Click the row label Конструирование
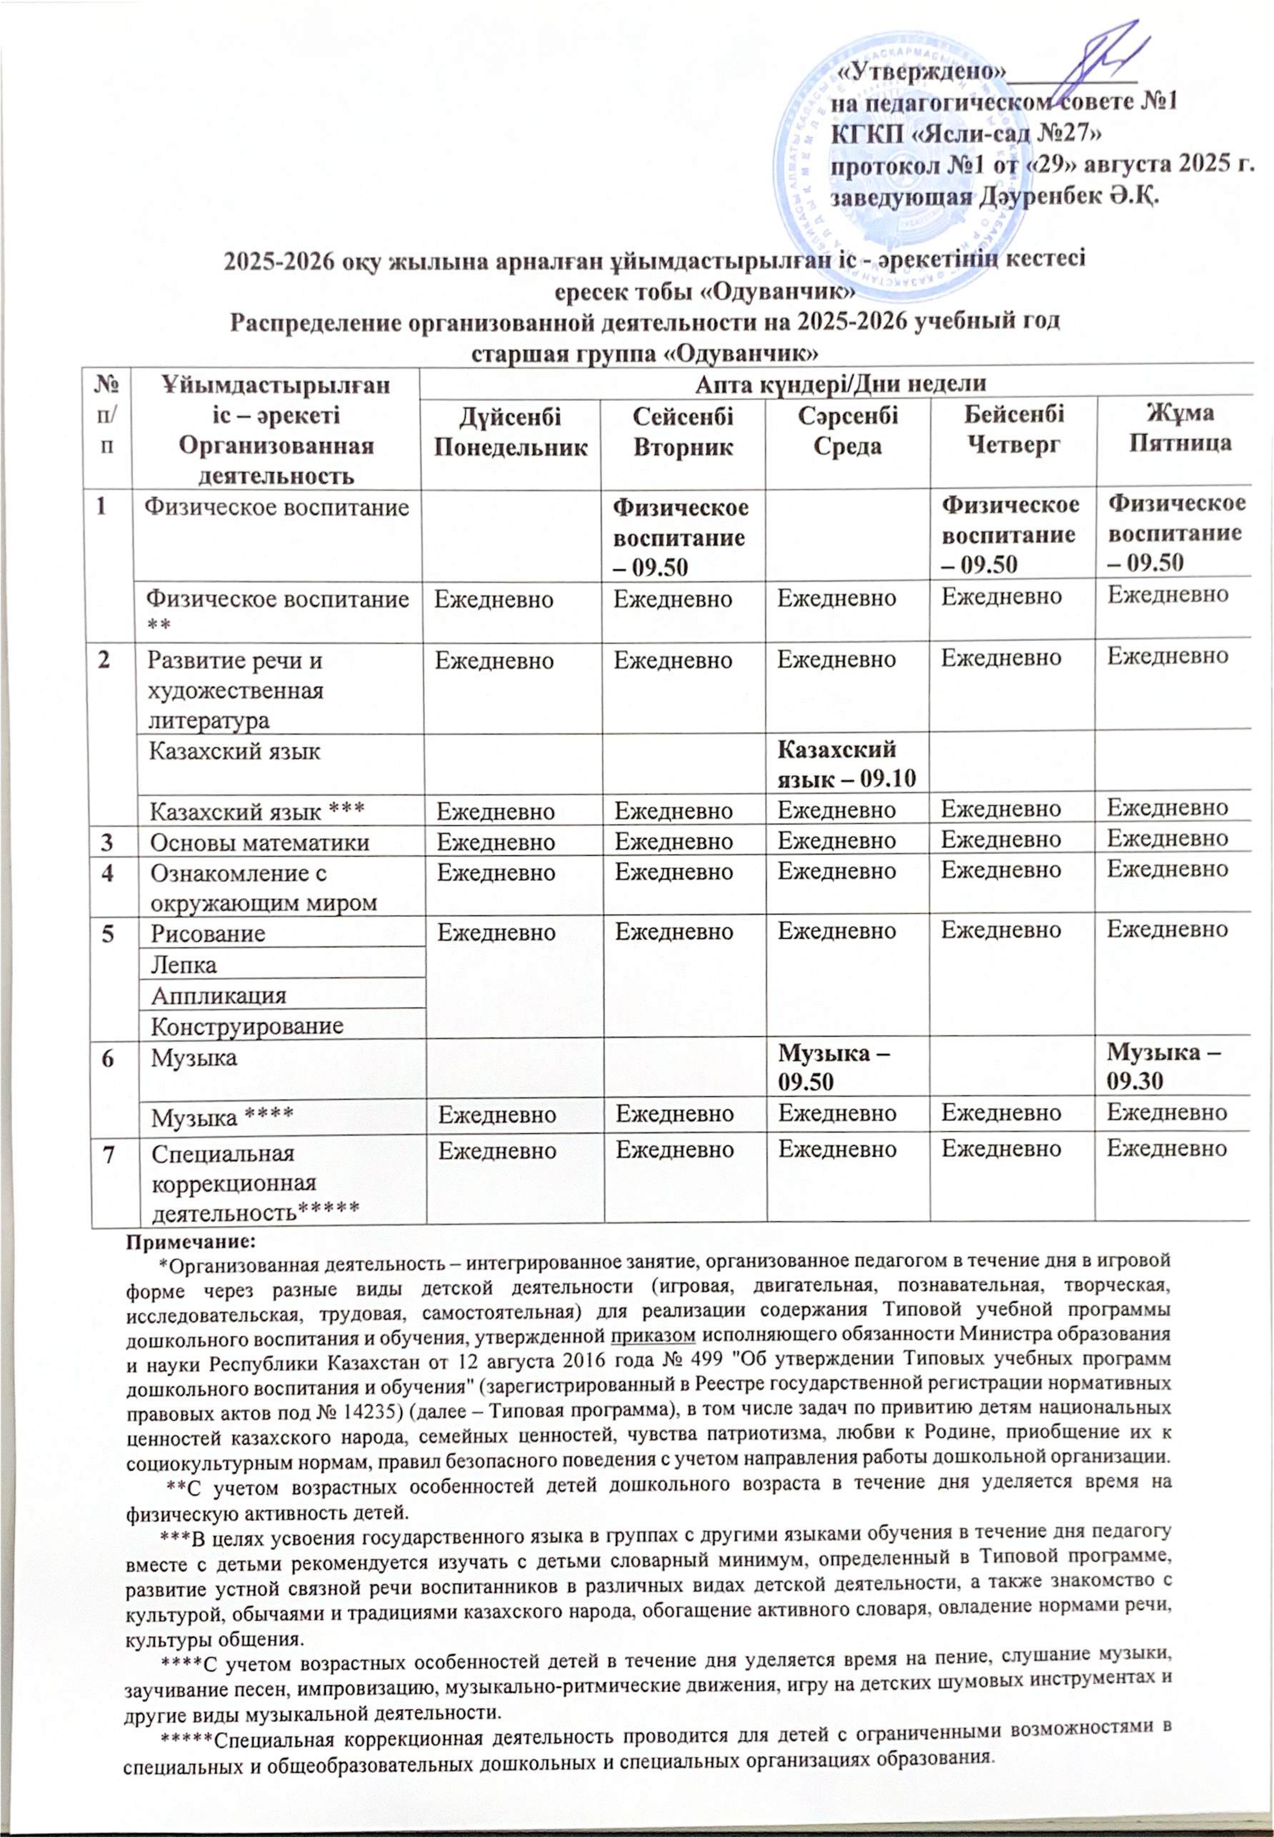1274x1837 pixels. [x=247, y=1026]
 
